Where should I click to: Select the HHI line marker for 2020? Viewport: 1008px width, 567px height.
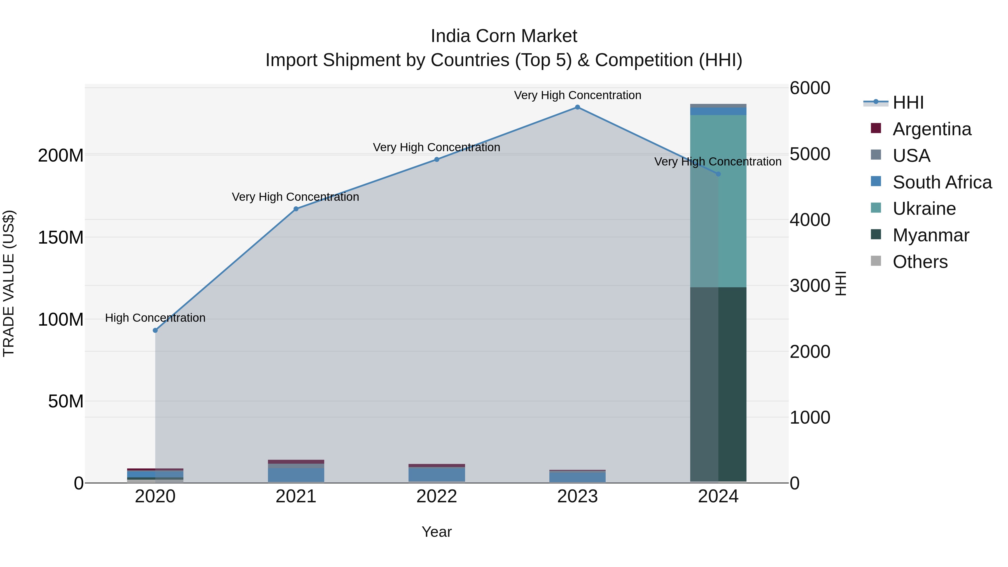(155, 330)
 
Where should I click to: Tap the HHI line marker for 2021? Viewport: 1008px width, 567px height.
(296, 209)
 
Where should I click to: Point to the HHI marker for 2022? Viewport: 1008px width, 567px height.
(437, 159)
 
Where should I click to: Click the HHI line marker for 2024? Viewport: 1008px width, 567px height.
(718, 174)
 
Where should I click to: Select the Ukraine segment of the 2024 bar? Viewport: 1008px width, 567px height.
(718, 201)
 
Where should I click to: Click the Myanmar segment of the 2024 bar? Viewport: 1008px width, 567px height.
(718, 384)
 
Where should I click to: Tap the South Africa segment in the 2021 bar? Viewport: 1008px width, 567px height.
(296, 475)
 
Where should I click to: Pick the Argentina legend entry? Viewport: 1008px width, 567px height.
(931, 129)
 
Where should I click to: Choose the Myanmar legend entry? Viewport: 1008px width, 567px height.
(930, 235)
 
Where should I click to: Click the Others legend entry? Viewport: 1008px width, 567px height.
(920, 262)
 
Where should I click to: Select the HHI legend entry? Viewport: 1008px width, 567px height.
(908, 102)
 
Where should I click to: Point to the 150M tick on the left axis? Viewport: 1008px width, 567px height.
(61, 237)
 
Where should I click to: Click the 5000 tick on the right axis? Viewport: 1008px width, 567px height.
(809, 154)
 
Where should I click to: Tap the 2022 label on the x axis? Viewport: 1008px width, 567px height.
(437, 496)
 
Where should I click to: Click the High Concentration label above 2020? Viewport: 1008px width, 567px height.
(155, 318)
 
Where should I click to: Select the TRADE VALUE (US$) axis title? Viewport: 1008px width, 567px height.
(9, 283)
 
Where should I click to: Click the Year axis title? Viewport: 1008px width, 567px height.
(437, 532)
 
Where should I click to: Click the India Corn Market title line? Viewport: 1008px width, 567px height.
(504, 36)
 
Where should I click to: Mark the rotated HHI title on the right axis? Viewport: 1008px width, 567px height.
(841, 283)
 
